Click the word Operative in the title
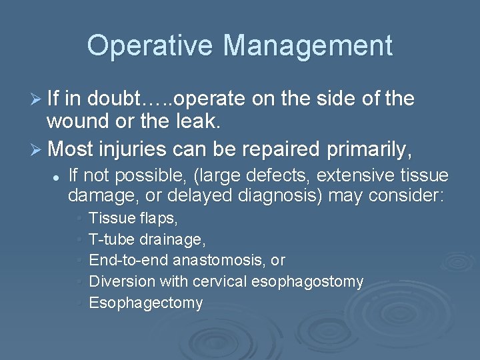(x=151, y=45)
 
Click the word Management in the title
(x=308, y=45)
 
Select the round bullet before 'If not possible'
(x=58, y=177)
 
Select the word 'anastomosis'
(x=227, y=260)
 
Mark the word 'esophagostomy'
(x=307, y=281)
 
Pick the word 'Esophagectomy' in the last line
(x=145, y=303)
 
